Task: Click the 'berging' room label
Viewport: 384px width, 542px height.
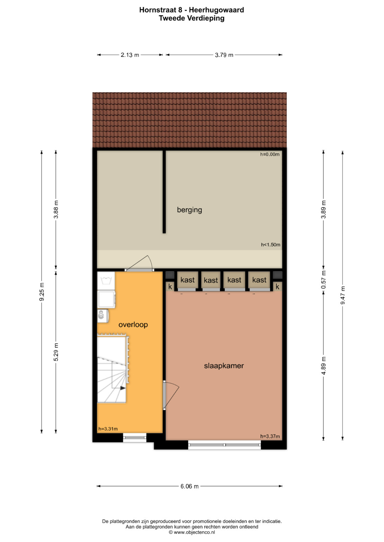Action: (x=189, y=210)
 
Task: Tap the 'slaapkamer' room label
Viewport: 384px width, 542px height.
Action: (x=224, y=366)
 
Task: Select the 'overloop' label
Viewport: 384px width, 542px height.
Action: (x=133, y=325)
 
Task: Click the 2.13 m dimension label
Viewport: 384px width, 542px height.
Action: (x=130, y=55)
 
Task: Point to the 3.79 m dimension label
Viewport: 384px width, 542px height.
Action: (x=224, y=55)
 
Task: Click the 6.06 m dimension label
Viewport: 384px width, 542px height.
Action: (x=189, y=486)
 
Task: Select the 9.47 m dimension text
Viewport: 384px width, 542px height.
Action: (x=342, y=295)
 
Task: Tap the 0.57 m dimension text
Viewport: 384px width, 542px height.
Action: (x=324, y=280)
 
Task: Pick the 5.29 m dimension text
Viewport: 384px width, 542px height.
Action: (x=56, y=352)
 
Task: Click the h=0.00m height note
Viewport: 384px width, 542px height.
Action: (x=270, y=154)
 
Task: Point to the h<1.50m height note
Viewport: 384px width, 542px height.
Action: (x=271, y=245)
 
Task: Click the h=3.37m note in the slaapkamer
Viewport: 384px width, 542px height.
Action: (x=270, y=436)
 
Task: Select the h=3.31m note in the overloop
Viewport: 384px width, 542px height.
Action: (x=108, y=429)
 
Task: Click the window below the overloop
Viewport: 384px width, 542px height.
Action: (x=134, y=438)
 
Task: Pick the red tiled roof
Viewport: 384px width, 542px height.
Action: (x=189, y=120)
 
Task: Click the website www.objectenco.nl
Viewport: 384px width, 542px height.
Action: (x=194, y=532)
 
